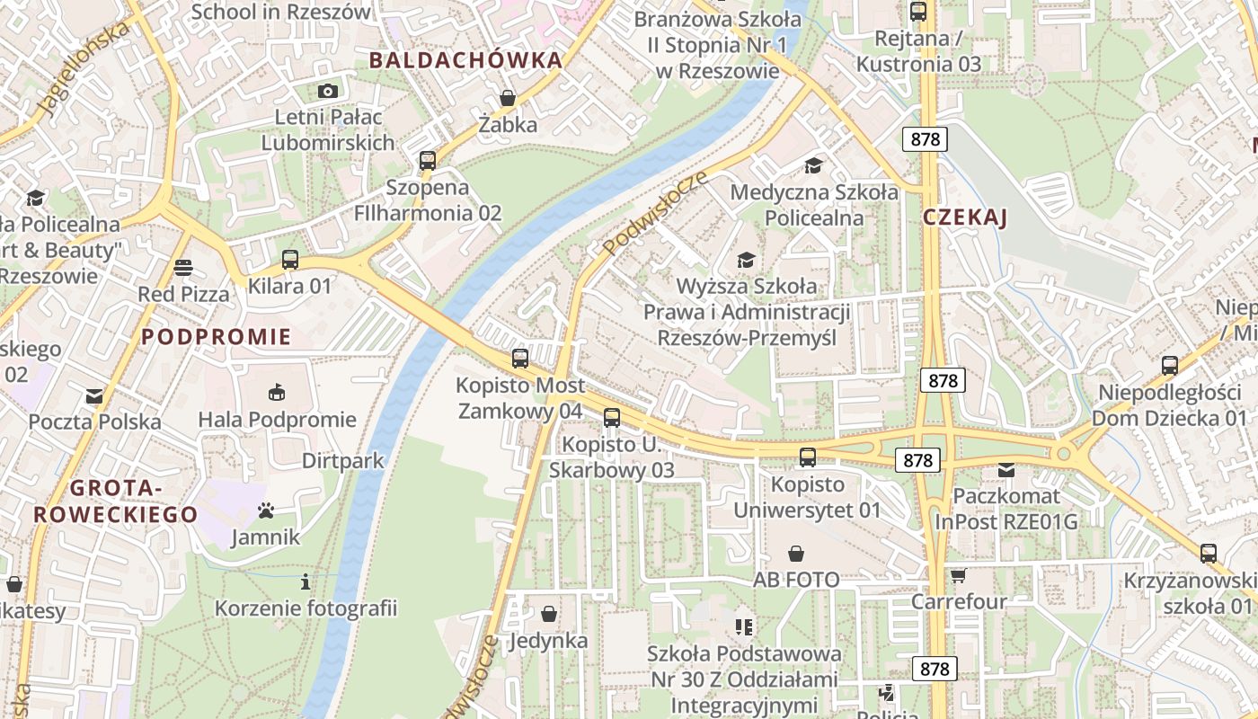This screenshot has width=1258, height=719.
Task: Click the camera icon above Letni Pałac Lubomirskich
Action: point(328,91)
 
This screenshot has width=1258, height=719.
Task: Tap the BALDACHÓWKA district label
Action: point(465,60)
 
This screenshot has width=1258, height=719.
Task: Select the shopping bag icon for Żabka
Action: point(508,98)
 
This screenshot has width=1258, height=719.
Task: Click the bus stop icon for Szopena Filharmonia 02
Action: point(428,161)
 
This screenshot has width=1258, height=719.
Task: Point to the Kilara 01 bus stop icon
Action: point(289,260)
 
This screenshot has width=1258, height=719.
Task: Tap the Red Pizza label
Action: point(183,294)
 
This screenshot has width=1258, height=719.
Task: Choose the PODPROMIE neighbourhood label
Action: point(217,337)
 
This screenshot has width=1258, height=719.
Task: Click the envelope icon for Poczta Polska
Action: point(94,395)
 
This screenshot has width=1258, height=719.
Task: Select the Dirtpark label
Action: point(343,461)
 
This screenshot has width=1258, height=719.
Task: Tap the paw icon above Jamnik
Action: point(265,510)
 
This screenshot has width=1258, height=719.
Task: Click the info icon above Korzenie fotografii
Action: point(306,581)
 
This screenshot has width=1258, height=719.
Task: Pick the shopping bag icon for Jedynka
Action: point(548,614)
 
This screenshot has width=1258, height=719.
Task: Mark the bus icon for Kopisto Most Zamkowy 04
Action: point(520,359)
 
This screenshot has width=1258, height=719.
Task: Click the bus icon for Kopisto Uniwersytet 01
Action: point(808,457)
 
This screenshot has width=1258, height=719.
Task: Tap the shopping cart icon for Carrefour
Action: point(959,575)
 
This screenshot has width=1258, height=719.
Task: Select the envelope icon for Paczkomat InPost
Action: point(1006,469)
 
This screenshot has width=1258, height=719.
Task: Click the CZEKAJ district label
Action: point(965,217)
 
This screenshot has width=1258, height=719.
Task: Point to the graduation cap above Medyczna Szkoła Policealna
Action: point(813,165)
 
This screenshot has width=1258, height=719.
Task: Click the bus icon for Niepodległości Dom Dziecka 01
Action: point(1169,366)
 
